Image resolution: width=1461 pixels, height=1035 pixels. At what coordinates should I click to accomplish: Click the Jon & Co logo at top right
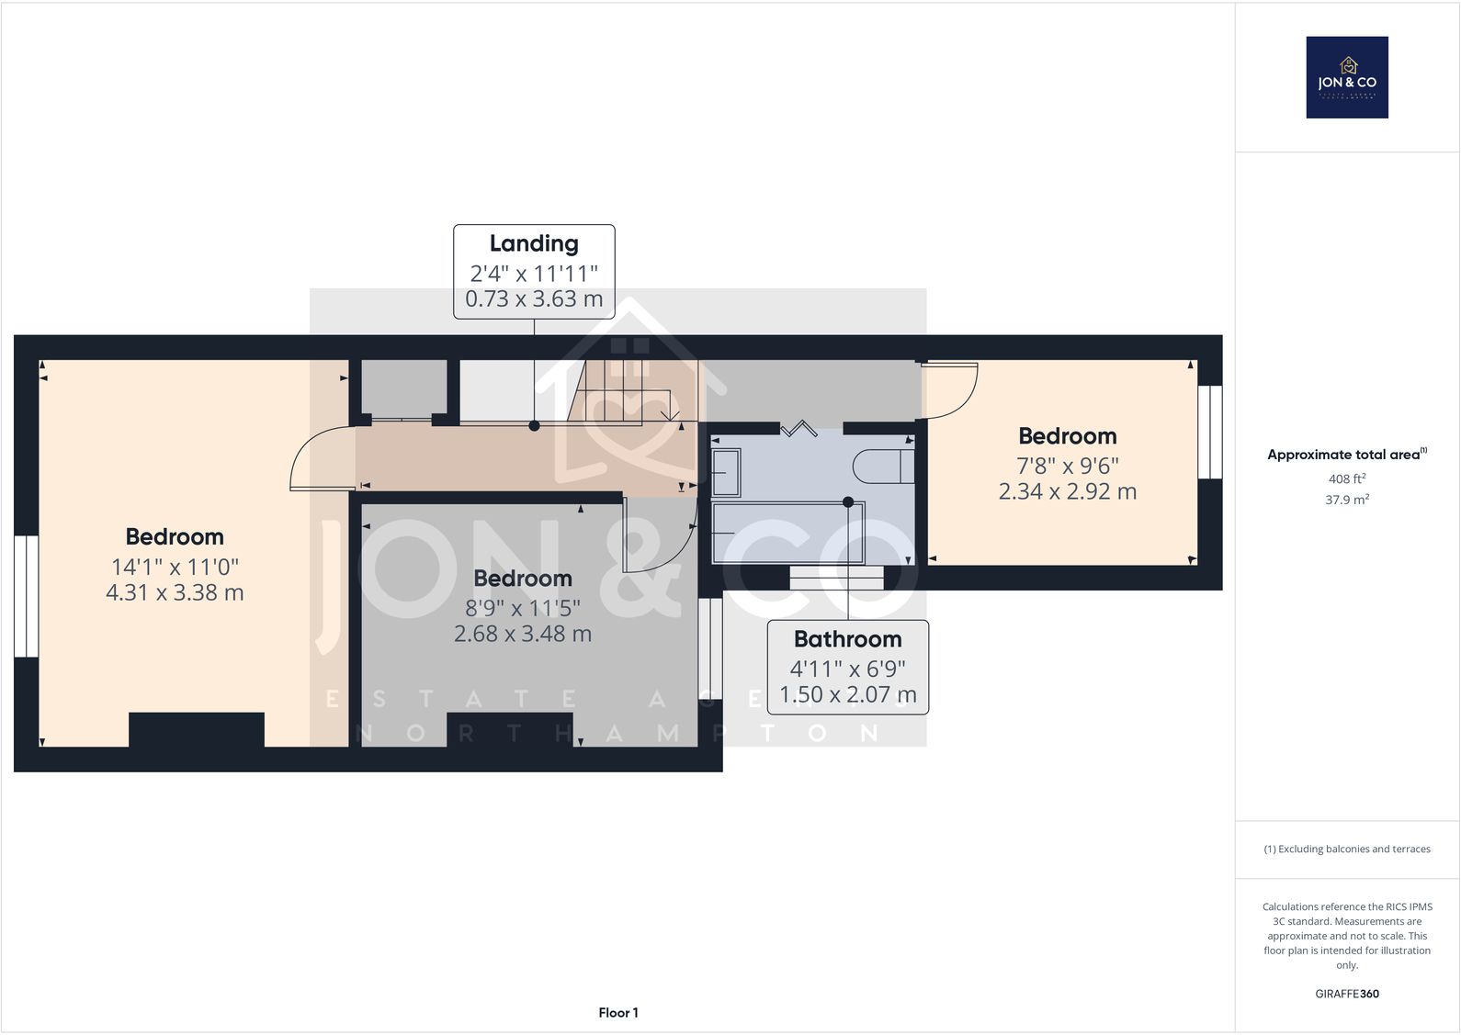click(x=1347, y=77)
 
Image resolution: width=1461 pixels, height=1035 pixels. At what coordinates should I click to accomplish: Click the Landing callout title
click(x=534, y=243)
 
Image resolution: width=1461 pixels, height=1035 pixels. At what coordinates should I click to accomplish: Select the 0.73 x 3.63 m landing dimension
click(x=534, y=299)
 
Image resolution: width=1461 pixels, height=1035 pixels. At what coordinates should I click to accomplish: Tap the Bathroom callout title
click(x=847, y=639)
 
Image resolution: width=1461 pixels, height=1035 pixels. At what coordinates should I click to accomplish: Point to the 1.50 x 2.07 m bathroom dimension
click(x=847, y=695)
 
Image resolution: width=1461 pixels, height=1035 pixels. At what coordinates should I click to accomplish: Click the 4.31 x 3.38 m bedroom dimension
click(x=175, y=593)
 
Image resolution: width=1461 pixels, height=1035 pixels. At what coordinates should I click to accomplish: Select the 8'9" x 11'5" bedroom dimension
click(x=523, y=608)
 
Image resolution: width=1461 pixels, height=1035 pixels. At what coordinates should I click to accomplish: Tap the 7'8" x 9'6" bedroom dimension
click(x=1067, y=466)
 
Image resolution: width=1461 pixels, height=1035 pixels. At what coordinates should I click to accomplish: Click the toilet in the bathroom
click(x=882, y=467)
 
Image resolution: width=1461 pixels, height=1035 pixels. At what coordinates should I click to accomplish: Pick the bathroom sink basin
click(x=726, y=473)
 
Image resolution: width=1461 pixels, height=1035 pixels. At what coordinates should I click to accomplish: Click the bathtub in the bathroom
click(x=788, y=533)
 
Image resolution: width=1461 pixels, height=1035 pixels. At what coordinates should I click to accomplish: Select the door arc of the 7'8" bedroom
click(x=951, y=390)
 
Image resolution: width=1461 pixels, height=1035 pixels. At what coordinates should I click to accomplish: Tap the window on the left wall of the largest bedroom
click(x=26, y=596)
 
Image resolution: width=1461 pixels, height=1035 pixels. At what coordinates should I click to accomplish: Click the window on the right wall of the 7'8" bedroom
click(x=1210, y=432)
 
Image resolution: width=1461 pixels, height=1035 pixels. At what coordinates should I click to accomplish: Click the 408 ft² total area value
click(x=1346, y=478)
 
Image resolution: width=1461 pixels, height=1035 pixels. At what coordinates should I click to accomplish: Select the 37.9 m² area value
click(x=1346, y=500)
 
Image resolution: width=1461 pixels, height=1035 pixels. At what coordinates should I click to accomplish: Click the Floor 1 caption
click(x=617, y=1013)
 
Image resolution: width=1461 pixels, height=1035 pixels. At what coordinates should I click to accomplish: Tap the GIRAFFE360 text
click(x=1346, y=994)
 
